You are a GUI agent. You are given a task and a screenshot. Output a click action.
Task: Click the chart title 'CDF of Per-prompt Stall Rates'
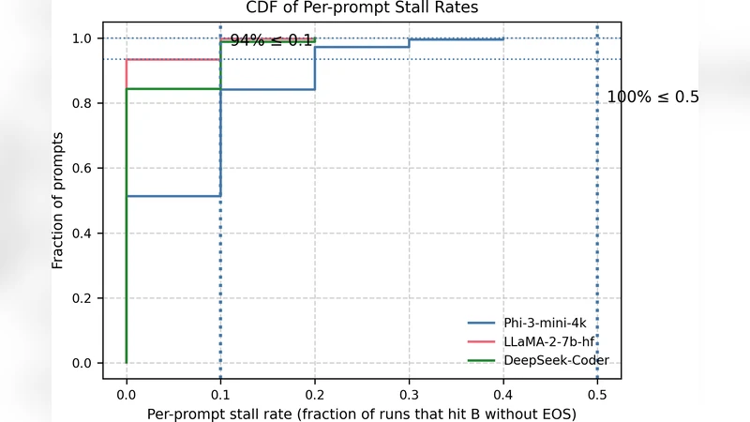click(361, 8)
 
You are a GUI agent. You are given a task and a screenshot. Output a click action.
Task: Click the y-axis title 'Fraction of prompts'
click(58, 201)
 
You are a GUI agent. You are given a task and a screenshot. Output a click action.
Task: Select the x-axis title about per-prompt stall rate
click(361, 413)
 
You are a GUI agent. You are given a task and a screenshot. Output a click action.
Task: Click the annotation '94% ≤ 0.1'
click(271, 41)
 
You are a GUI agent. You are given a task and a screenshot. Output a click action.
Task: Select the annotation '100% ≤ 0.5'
click(652, 97)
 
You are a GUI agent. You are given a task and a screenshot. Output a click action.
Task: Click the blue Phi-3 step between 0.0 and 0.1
click(173, 196)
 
